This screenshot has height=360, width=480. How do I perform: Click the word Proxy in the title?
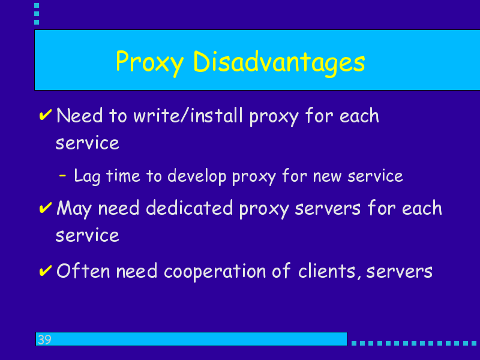[x=149, y=63]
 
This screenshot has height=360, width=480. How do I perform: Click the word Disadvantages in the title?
[x=279, y=63]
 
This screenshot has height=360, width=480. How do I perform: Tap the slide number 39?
[x=44, y=340]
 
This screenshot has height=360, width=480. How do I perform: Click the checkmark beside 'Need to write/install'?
[x=46, y=115]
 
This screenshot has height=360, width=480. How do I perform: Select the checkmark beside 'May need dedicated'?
[x=46, y=208]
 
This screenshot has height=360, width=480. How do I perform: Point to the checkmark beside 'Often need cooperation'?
[x=46, y=271]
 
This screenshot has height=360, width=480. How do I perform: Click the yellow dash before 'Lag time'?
[x=62, y=175]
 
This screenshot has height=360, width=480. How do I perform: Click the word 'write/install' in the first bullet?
[x=188, y=116]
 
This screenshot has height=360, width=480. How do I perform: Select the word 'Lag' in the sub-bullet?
[x=87, y=176]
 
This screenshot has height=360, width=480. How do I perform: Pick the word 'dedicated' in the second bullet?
[x=189, y=208]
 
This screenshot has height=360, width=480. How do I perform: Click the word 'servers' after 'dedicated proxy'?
[x=328, y=209]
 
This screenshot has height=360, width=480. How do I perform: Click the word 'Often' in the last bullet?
[x=83, y=271]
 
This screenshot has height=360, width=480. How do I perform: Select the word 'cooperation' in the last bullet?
[x=215, y=272]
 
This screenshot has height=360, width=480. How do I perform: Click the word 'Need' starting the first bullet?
[x=79, y=116]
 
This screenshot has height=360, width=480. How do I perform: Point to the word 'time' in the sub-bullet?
[x=123, y=176]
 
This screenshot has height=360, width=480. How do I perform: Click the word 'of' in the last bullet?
[x=281, y=271]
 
